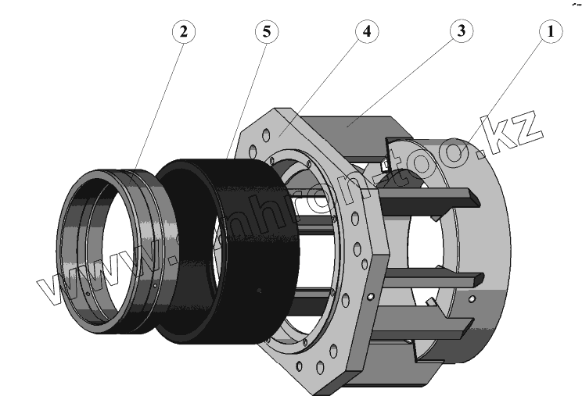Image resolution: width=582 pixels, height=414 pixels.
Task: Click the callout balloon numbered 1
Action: point(551,32)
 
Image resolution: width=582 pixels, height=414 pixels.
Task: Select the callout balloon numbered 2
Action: point(182,32)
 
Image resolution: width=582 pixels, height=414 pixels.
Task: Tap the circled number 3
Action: point(461,32)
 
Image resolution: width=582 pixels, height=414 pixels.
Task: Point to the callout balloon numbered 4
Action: point(365,32)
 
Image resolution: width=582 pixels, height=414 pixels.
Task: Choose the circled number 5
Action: point(267,32)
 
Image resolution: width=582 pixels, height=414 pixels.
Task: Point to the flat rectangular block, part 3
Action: point(352,125)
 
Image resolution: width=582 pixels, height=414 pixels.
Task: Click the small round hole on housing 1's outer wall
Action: point(472,298)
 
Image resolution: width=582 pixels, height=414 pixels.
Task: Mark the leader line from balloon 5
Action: point(246,98)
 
